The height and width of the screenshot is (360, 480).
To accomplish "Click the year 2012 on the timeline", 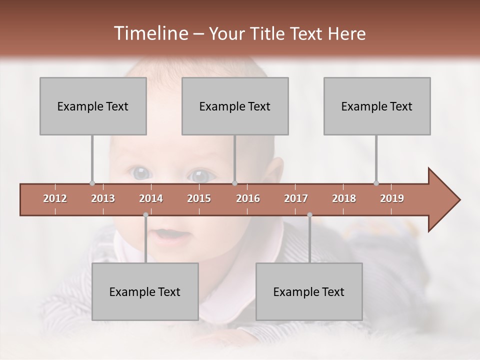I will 55,198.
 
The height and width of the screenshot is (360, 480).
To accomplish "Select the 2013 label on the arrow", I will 103,198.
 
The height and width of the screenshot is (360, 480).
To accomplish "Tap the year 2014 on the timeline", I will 151,198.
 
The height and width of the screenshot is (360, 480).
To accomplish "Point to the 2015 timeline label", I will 199,198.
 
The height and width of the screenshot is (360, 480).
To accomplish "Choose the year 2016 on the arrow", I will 248,198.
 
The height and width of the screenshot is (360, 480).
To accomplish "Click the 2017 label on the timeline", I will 296,198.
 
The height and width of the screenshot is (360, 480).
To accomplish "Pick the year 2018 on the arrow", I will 344,198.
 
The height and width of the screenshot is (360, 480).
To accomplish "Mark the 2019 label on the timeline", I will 392,198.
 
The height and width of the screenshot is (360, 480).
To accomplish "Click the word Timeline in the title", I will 150,33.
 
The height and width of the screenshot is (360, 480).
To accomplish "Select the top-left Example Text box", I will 93,106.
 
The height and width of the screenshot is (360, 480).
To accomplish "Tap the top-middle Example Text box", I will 235,106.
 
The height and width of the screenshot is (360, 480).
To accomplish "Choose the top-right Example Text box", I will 377,106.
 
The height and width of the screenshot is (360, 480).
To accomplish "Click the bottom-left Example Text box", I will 145,291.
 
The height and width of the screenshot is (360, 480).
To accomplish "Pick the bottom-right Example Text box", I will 309,291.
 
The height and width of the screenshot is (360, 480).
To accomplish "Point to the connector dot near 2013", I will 92,183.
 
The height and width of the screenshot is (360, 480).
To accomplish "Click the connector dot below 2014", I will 145,214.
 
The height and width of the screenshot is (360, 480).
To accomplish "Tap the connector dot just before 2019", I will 376,183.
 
